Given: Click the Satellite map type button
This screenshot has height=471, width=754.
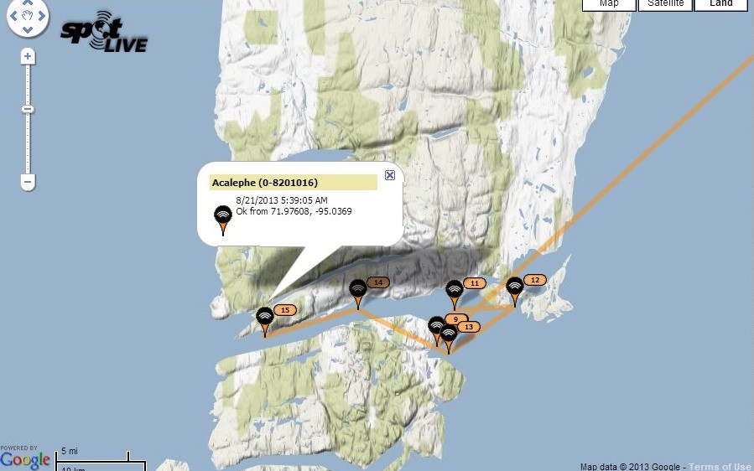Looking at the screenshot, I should [665, 4].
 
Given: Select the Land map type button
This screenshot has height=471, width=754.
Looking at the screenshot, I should [720, 4].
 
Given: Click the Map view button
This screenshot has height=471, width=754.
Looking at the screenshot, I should [609, 4].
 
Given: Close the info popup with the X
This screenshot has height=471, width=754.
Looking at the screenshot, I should [389, 175].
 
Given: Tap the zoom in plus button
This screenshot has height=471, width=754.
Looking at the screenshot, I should [28, 57].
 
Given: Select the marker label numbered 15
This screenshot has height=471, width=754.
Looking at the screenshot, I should [284, 310].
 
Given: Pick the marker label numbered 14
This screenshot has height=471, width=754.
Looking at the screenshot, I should [378, 282].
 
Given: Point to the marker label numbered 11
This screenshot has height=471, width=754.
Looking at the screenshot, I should [475, 283].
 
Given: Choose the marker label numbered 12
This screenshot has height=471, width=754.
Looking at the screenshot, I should [535, 280].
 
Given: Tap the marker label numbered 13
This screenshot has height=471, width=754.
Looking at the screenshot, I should [468, 327].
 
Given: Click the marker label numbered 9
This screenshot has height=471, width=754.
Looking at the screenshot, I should [456, 318].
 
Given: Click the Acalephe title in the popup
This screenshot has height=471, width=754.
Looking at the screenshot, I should [264, 183].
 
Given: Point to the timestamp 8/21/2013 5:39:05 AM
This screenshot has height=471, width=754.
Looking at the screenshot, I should [282, 200].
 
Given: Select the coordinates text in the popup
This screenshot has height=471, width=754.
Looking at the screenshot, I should [294, 211].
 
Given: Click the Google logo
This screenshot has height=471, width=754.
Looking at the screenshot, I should [25, 459].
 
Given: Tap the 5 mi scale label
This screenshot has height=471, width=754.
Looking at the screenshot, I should [70, 453].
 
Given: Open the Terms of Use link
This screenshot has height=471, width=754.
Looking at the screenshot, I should [720, 467].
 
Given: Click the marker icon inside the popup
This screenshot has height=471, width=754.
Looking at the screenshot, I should [223, 218].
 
